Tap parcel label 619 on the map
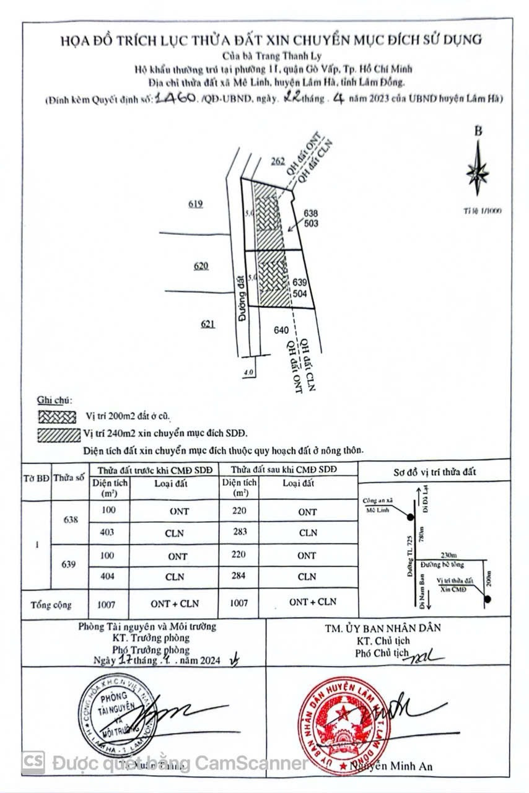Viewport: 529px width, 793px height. coord(196,204)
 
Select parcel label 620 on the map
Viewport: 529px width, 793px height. coord(201,266)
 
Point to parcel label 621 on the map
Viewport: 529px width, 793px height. coord(208,323)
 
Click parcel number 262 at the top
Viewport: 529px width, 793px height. coord(278,162)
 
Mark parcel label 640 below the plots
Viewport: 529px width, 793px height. coord(281,331)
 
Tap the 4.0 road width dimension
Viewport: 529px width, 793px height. coord(249,373)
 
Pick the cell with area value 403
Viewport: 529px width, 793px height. coord(110,532)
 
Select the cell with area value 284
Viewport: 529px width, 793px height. coord(240,576)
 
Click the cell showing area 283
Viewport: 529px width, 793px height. coord(240,532)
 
